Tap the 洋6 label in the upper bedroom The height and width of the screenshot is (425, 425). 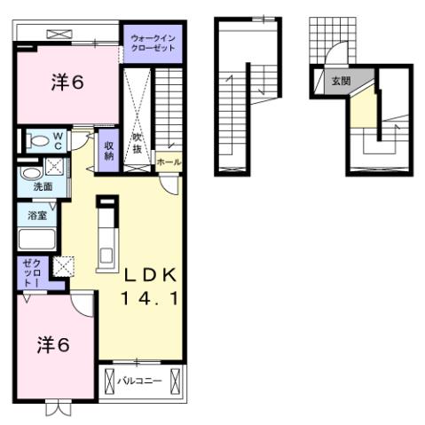coord(67,83)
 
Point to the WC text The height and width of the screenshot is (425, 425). coord(58,140)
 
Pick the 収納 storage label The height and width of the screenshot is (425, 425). coord(108,151)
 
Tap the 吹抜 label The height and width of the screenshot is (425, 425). coord(138,142)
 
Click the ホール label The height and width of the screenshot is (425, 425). coord(169,162)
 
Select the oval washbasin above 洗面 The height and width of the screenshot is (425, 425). coord(30,172)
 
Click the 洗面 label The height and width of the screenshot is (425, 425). coord(43,187)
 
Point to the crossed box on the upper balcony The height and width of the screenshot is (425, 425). coord(59,34)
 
